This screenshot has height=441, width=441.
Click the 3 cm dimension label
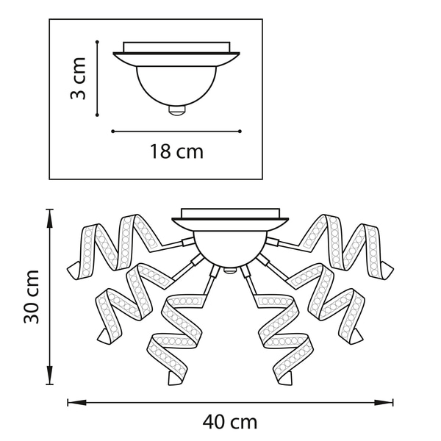click(78, 79)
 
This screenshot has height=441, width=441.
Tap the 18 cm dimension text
click(176, 151)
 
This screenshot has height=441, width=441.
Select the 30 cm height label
click(32, 297)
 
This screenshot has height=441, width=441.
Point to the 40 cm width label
click(230, 422)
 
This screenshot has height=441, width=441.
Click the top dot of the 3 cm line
click(97, 42)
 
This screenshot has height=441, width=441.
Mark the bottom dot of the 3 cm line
click(97, 115)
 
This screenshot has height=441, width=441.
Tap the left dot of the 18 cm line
click(112, 132)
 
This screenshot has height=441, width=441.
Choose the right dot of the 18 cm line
click(240, 132)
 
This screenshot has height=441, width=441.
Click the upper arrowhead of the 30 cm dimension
click(49, 218)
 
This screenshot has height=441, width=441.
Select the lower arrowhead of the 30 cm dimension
click(49, 375)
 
